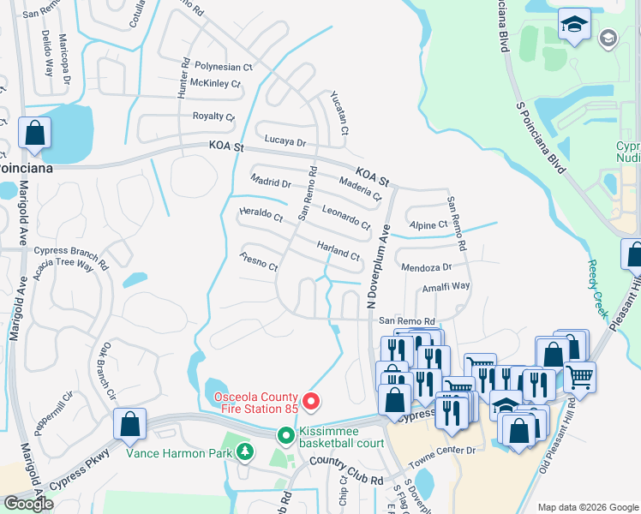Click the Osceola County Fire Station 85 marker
(x=312, y=400)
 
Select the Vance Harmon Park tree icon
(x=245, y=451)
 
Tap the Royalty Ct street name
(x=213, y=117)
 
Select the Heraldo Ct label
(x=261, y=214)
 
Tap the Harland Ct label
(x=338, y=250)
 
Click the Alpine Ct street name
(x=429, y=224)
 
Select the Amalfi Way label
(x=446, y=287)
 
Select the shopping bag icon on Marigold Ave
(x=34, y=134)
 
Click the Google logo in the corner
(x=29, y=503)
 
